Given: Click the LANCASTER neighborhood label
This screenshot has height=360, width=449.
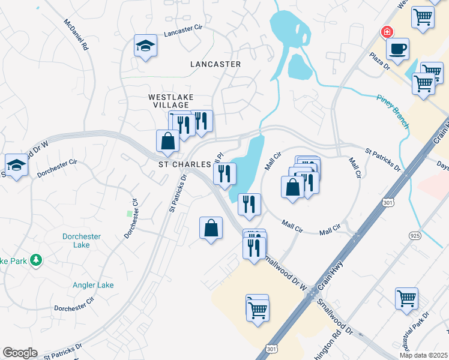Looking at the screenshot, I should click(215, 64).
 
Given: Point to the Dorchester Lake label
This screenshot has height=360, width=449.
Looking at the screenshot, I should click(77, 241).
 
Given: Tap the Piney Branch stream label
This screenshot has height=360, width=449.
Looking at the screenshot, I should click(393, 112).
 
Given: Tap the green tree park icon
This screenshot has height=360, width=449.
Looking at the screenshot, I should click(37, 260).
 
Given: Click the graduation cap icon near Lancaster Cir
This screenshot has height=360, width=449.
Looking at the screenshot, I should click(145, 46).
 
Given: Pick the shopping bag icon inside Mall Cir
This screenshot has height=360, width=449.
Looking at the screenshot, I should click(292, 187).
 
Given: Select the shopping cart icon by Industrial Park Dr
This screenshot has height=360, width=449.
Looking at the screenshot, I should click(406, 298).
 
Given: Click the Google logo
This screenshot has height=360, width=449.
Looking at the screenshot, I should click(20, 353).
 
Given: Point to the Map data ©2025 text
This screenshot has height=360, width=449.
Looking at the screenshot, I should click(423, 355).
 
